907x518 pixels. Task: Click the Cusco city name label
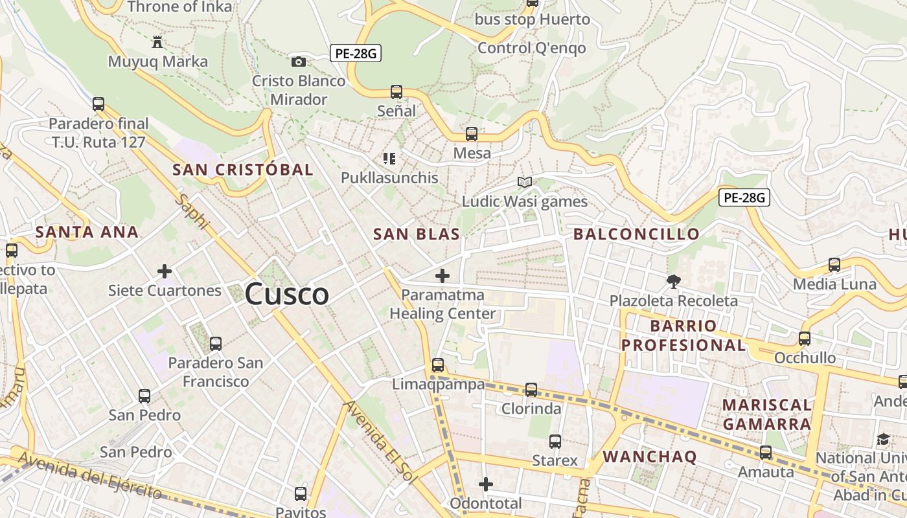[287, 295]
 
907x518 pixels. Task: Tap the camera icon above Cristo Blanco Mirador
[299, 62]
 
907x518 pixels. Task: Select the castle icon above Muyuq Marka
[157, 42]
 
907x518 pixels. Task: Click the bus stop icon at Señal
[396, 92]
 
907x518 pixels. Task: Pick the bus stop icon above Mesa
[472, 134]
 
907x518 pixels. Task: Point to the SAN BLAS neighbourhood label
[417, 234]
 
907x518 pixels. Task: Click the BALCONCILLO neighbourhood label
[636, 234]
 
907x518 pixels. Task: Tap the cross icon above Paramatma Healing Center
[442, 276]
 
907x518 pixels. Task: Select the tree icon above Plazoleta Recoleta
[674, 281]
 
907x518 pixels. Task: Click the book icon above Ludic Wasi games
[524, 183]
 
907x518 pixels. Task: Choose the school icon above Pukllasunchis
[389, 158]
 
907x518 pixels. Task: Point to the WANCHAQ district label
[650, 456]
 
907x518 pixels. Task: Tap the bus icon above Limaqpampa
[438, 365]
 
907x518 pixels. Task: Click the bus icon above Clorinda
[531, 389]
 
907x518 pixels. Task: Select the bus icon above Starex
[555, 441]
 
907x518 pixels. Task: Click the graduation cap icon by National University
[883, 440]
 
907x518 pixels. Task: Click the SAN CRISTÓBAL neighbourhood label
[243, 170]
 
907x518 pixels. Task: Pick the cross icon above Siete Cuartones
[165, 271]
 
